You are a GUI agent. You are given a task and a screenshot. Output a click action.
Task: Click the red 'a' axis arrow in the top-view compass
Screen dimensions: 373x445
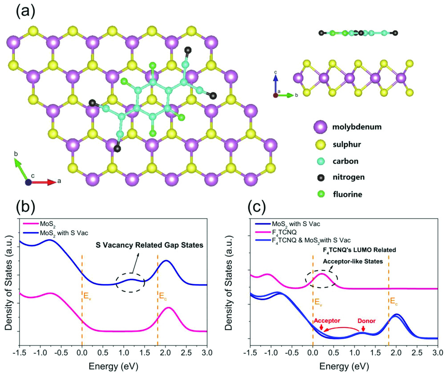[44, 182]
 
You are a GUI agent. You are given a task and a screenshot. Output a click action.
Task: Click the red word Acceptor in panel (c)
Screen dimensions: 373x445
[327, 321]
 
